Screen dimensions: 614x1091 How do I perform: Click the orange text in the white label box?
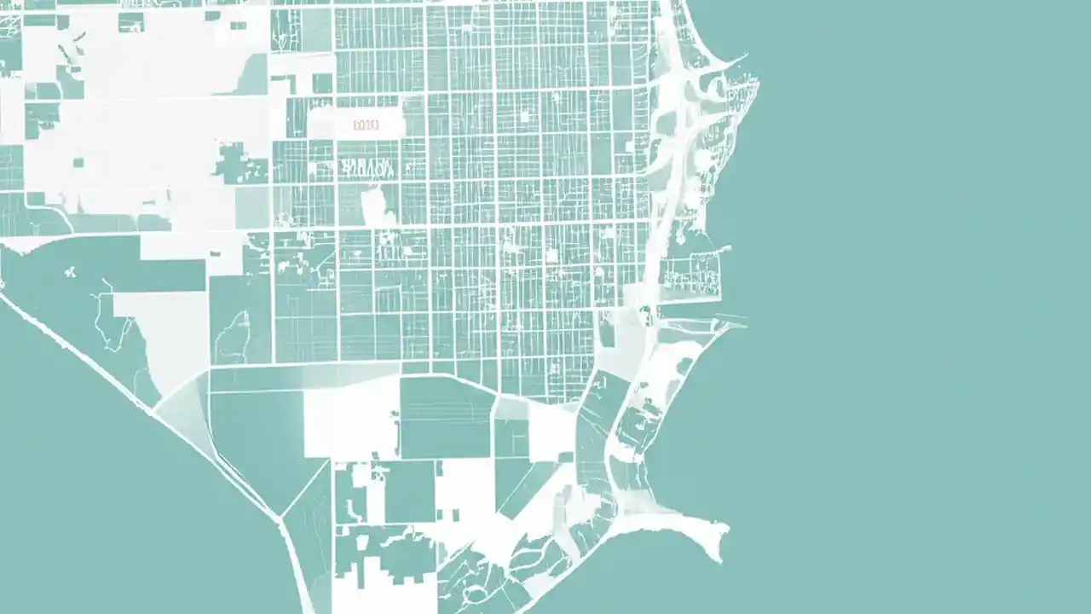[366, 125]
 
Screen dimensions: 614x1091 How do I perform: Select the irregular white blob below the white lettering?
[376, 206]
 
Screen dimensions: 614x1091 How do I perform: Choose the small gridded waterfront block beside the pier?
[691, 274]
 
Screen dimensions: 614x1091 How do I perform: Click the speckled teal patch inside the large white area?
[240, 163]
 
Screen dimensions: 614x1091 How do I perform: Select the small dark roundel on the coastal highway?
[645, 310]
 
